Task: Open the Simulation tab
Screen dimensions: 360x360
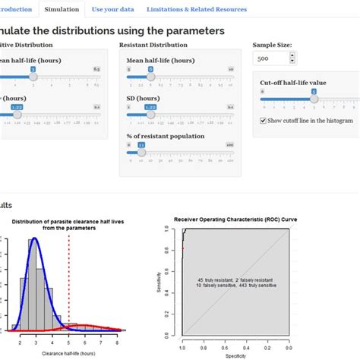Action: pos(61,9)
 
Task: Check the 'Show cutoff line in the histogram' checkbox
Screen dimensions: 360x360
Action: pos(263,120)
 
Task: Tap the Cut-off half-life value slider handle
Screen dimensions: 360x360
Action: pos(313,98)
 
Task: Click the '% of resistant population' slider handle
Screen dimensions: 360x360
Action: pos(141,151)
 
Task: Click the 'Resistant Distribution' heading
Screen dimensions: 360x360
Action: pos(155,45)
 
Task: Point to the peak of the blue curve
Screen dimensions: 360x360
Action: pos(32,241)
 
